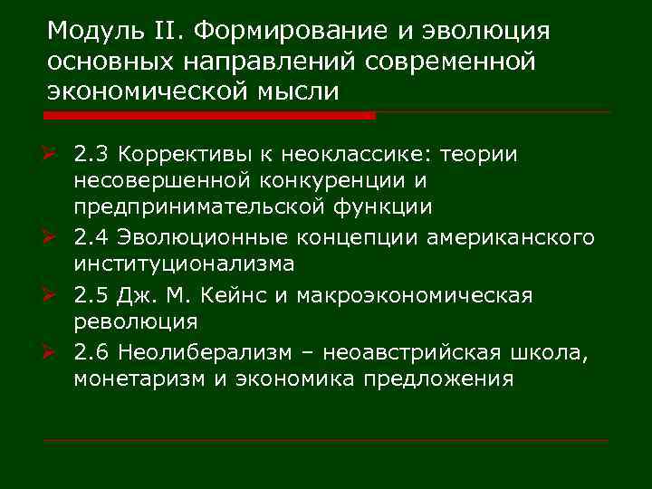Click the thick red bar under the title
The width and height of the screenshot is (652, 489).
[209, 116]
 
